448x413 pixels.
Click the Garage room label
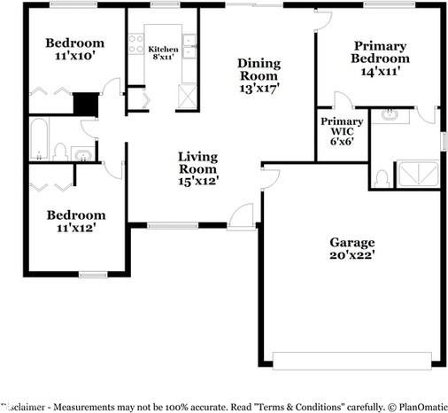point(352,242)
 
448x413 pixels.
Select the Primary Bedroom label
point(379,51)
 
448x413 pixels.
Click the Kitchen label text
point(163,50)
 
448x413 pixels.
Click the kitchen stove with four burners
point(136,44)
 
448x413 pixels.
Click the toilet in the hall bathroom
point(59,152)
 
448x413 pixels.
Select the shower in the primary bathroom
point(417,175)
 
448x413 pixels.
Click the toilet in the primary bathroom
point(382,178)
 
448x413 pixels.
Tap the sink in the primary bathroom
point(390,115)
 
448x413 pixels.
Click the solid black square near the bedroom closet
point(84,105)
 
